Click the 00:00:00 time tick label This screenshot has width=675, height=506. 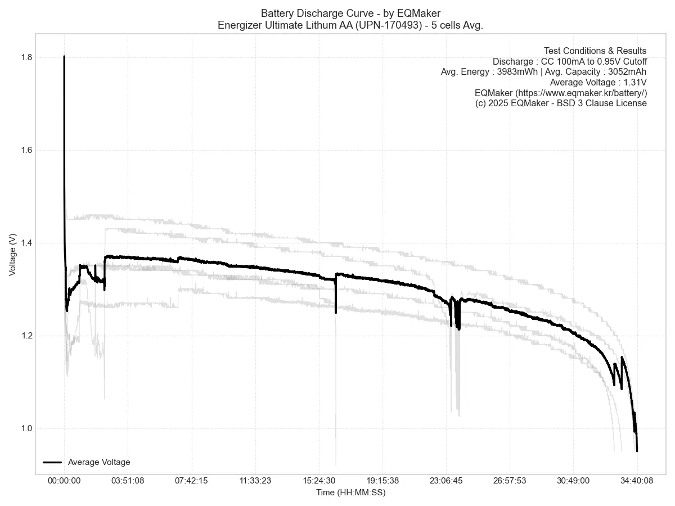(x=64, y=481)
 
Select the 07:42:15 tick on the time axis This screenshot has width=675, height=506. (x=192, y=481)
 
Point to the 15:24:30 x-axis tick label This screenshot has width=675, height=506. (x=319, y=481)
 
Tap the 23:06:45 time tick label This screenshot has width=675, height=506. (x=446, y=481)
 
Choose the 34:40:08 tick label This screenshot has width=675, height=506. (x=637, y=481)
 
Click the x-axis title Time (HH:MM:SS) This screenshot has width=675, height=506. (x=351, y=493)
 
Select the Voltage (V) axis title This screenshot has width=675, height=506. (x=12, y=255)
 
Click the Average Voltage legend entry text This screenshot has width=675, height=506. (x=99, y=462)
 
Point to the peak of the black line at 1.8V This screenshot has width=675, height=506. (x=64, y=57)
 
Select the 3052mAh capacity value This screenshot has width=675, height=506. (x=627, y=72)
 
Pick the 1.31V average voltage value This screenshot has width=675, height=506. (x=634, y=83)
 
